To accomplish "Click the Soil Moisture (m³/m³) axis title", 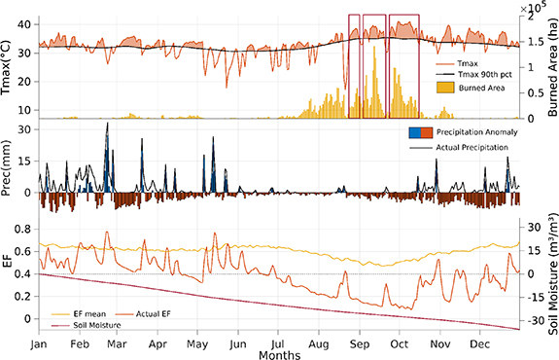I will click(x=549, y=276).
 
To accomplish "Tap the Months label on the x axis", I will click(x=280, y=354).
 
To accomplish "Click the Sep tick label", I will click(x=360, y=343).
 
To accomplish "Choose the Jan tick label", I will click(x=40, y=343).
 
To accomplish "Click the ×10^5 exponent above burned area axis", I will click(x=538, y=8).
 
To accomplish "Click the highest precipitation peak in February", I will click(x=107, y=126).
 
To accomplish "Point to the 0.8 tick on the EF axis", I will click(x=26, y=230).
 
